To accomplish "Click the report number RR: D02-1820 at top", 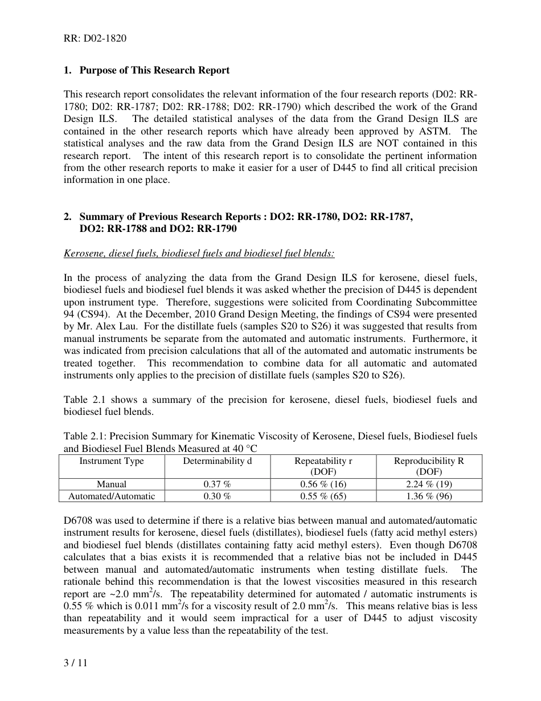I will (95, 39).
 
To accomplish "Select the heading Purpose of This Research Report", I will (154, 70).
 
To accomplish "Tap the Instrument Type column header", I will (112, 461).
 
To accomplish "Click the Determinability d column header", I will (217, 461).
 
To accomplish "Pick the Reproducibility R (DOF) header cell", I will (428, 466).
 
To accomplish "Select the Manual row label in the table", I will (112, 484).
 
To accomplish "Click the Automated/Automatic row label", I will (112, 496).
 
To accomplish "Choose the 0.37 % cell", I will (217, 484).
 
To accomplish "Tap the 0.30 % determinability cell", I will (217, 496).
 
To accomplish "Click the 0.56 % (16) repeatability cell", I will (323, 484).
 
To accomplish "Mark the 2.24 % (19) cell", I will (428, 484).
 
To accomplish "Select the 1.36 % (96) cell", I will (428, 496).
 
